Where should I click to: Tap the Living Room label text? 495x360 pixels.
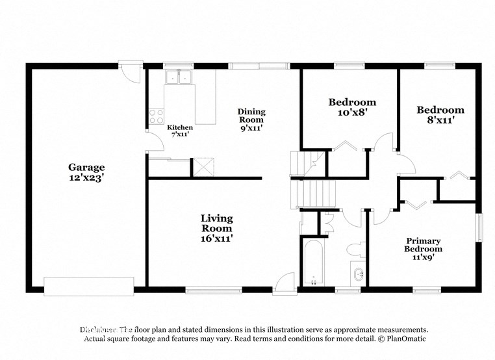click(216, 228)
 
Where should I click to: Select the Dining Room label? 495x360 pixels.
click(251, 120)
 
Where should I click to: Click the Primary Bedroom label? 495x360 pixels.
click(424, 248)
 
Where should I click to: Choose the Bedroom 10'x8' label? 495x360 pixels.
click(352, 107)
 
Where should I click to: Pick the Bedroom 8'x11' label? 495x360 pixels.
click(440, 115)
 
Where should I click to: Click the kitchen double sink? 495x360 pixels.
click(179, 77)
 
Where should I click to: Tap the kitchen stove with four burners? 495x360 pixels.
click(157, 116)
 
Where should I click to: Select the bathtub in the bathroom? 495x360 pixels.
click(313, 263)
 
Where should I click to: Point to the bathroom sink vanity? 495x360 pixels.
click(358, 274)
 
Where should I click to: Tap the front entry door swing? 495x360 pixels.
click(283, 283)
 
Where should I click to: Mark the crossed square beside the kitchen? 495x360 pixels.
click(204, 166)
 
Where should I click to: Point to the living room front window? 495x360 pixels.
click(205, 289)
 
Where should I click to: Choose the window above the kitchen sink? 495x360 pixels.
click(179, 66)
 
